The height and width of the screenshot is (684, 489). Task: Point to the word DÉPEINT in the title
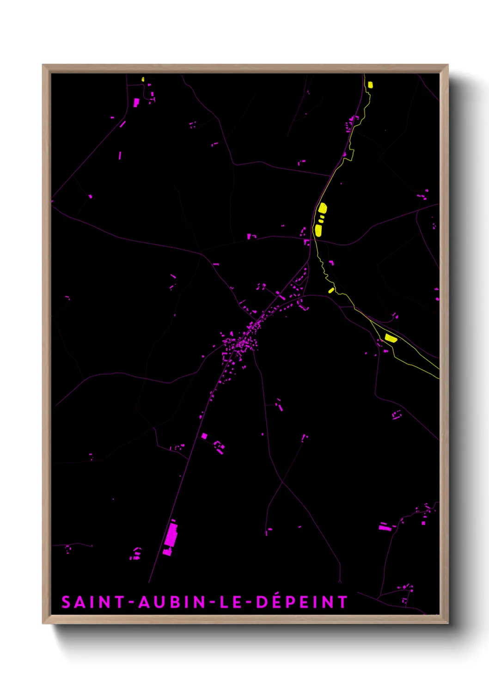[301, 602]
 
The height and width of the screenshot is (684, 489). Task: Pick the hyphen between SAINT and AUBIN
[131, 603]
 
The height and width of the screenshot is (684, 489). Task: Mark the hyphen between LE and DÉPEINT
[249, 603]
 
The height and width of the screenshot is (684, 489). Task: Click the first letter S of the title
[66, 602]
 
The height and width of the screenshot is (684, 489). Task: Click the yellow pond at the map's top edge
[370, 85]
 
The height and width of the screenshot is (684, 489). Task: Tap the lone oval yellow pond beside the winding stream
[331, 290]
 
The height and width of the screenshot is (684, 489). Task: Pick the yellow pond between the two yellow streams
[391, 338]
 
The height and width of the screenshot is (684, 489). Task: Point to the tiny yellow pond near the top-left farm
[143, 79]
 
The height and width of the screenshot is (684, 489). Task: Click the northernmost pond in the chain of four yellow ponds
[323, 208]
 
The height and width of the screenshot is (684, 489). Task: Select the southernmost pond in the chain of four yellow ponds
[318, 230]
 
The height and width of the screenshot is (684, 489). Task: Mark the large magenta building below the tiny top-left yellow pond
[136, 102]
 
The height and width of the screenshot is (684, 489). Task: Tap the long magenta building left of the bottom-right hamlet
[384, 526]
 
